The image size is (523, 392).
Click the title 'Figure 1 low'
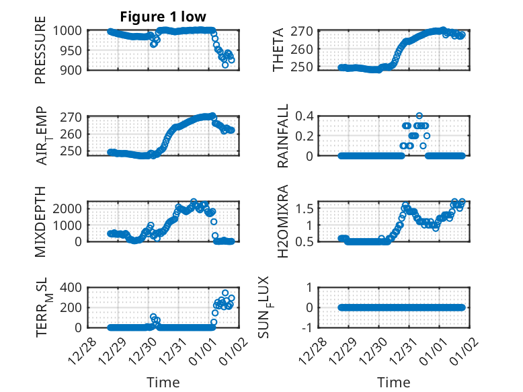[x=163, y=16]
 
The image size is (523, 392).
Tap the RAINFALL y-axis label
[x=283, y=136]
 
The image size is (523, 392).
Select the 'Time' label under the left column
[x=163, y=382]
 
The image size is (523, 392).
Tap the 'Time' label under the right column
[x=394, y=382]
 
